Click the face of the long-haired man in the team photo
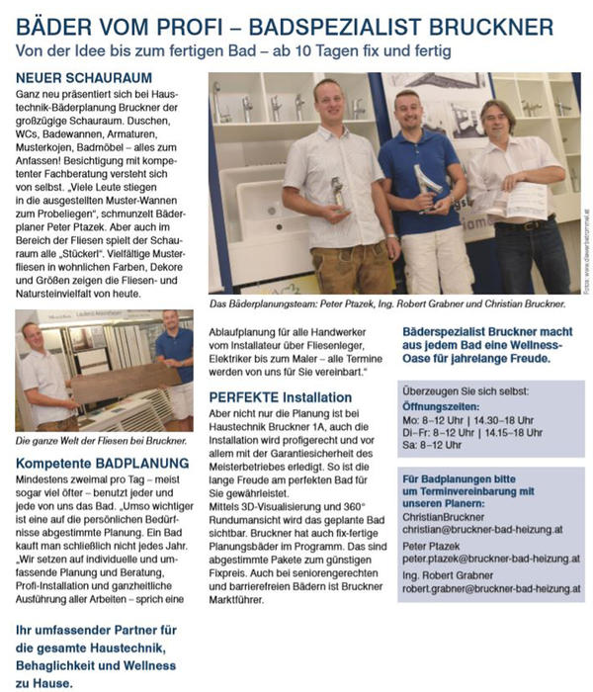(x=498, y=119)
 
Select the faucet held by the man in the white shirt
(x=336, y=193)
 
